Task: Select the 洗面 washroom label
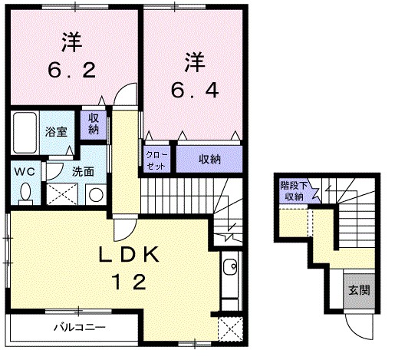83,171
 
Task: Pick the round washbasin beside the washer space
94,195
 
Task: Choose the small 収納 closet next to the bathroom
93,124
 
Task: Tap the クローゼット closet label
156,160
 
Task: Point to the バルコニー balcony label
79,326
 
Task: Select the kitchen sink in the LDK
229,270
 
